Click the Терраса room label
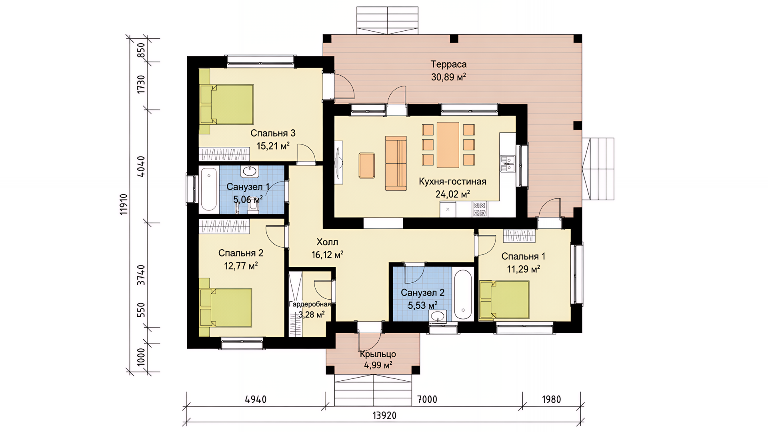tap(448, 64)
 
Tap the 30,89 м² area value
tap(448, 77)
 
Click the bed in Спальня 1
tap(505, 300)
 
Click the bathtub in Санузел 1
tap(209, 189)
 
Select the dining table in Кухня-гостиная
tap(448, 145)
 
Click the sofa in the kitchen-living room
tap(396, 163)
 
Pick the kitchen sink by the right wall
tap(508, 164)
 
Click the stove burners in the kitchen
tap(480, 209)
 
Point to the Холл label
tap(327, 242)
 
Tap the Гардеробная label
tap(310, 304)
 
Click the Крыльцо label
tap(378, 354)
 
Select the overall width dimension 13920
tap(384, 416)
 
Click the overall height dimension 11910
tap(124, 204)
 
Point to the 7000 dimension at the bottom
tap(427, 399)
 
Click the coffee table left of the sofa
tap(367, 165)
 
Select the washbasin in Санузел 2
tap(439, 316)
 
